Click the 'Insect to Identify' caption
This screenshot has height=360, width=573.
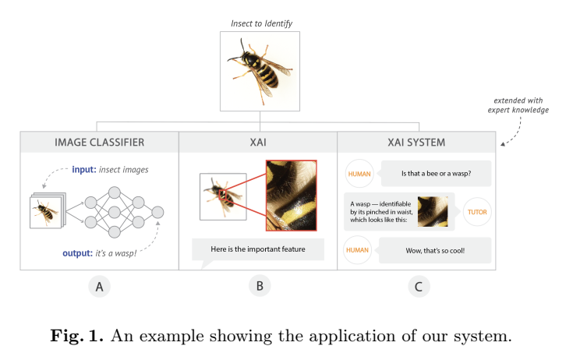[x=261, y=23]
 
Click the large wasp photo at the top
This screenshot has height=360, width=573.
[x=260, y=71]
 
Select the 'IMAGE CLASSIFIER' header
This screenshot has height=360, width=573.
[x=99, y=143]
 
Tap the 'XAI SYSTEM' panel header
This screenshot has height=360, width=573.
[x=416, y=143]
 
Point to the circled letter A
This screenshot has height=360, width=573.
[x=99, y=286]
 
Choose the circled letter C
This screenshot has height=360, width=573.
[x=418, y=286]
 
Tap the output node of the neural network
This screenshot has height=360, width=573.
[x=158, y=212]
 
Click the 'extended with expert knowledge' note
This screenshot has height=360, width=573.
[x=519, y=105]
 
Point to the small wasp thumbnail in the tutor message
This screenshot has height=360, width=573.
[x=433, y=211]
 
